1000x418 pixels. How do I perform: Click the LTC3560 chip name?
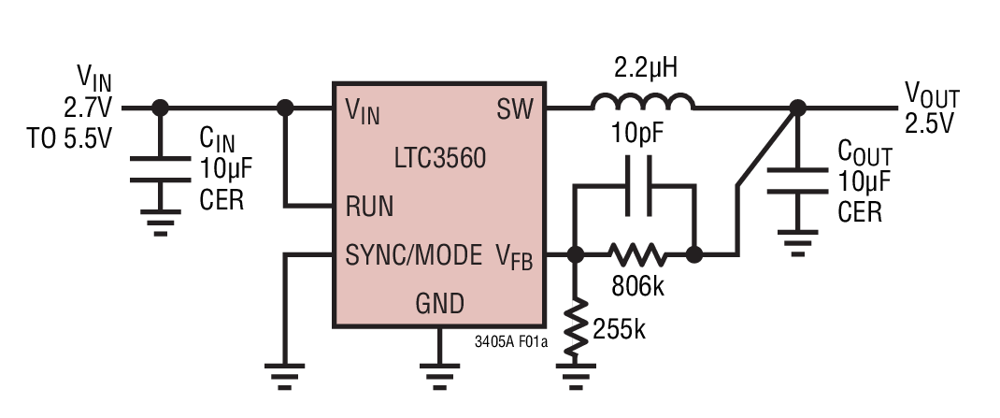pos(439,158)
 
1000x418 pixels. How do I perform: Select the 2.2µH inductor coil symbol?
pos(642,101)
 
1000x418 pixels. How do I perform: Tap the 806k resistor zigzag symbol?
pos(636,253)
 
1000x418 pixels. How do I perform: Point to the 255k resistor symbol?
pos(576,323)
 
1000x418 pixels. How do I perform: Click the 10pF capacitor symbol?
pos(636,187)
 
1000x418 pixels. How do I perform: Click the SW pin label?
pos(515,110)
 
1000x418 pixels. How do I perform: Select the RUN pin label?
pos(369,206)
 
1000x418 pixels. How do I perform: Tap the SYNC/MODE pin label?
pos(413,254)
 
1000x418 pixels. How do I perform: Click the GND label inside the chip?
pos(439,304)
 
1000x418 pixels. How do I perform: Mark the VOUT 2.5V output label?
pos(931,108)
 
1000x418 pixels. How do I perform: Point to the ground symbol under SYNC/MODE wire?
pos(286,372)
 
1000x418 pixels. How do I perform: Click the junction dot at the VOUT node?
pos(796,108)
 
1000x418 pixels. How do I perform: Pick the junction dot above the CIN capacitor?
pos(161,108)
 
